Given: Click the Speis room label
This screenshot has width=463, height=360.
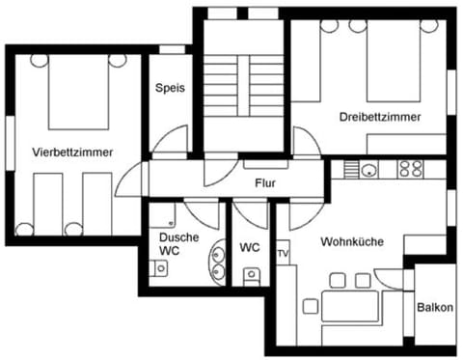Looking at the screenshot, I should click(x=171, y=87).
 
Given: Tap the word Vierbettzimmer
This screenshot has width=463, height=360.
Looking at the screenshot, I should click(x=72, y=152).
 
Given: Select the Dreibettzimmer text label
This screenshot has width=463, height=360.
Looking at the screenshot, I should click(x=379, y=117).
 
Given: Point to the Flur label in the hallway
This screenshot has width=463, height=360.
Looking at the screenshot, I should click(x=266, y=182).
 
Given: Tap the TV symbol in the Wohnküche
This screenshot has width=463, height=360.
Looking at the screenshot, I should click(x=283, y=254).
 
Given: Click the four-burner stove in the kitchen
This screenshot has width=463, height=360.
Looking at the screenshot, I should click(x=411, y=169).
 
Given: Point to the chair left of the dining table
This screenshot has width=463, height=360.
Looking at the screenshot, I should click(x=311, y=307).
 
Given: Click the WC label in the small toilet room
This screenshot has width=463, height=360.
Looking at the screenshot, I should click(x=249, y=247).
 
